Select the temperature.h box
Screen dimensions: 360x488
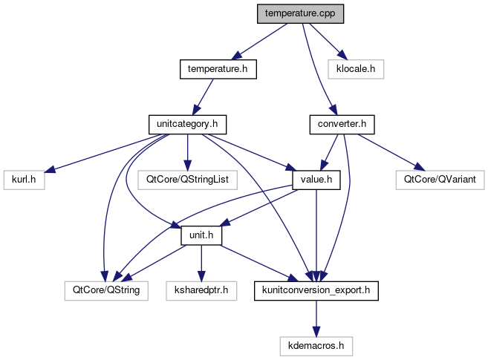218,69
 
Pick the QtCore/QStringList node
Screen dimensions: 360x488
187,180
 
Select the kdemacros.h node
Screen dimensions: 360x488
317,345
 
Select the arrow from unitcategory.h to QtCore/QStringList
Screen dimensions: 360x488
187,151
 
